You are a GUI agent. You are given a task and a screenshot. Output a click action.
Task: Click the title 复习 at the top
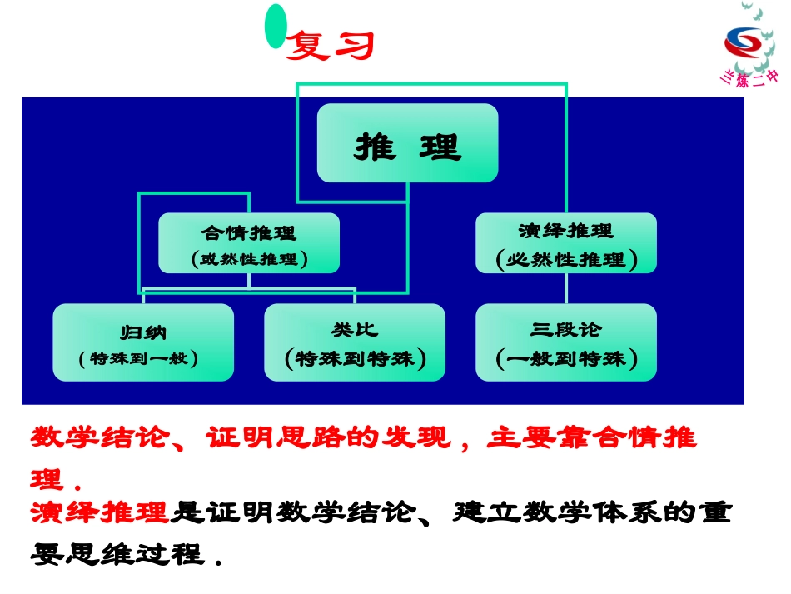pyautogui.click(x=330, y=47)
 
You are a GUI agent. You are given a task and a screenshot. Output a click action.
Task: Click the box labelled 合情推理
pyautogui.click(x=249, y=242)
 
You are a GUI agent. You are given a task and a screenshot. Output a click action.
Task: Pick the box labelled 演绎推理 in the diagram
pyautogui.click(x=565, y=242)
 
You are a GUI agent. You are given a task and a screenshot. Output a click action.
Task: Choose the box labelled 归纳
pyautogui.click(x=143, y=342)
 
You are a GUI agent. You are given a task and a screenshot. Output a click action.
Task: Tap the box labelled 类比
pyautogui.click(x=355, y=342)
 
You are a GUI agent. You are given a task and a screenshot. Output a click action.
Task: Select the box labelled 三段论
pyautogui.click(x=565, y=342)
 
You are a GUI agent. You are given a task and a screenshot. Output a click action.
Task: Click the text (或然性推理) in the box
pyautogui.click(x=249, y=259)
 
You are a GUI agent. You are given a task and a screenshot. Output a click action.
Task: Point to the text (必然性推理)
pyautogui.click(x=565, y=260)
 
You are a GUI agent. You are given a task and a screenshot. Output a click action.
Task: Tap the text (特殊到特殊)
pyautogui.click(x=355, y=359)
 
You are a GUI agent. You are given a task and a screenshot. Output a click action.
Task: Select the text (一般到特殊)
pyautogui.click(x=565, y=359)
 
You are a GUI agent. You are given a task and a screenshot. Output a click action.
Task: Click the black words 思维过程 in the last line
pyautogui.click(x=135, y=553)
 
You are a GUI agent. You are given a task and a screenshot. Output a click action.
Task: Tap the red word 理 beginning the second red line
pyautogui.click(x=46, y=480)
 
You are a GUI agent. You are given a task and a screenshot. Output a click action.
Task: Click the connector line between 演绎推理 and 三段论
pyautogui.click(x=566, y=288)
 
